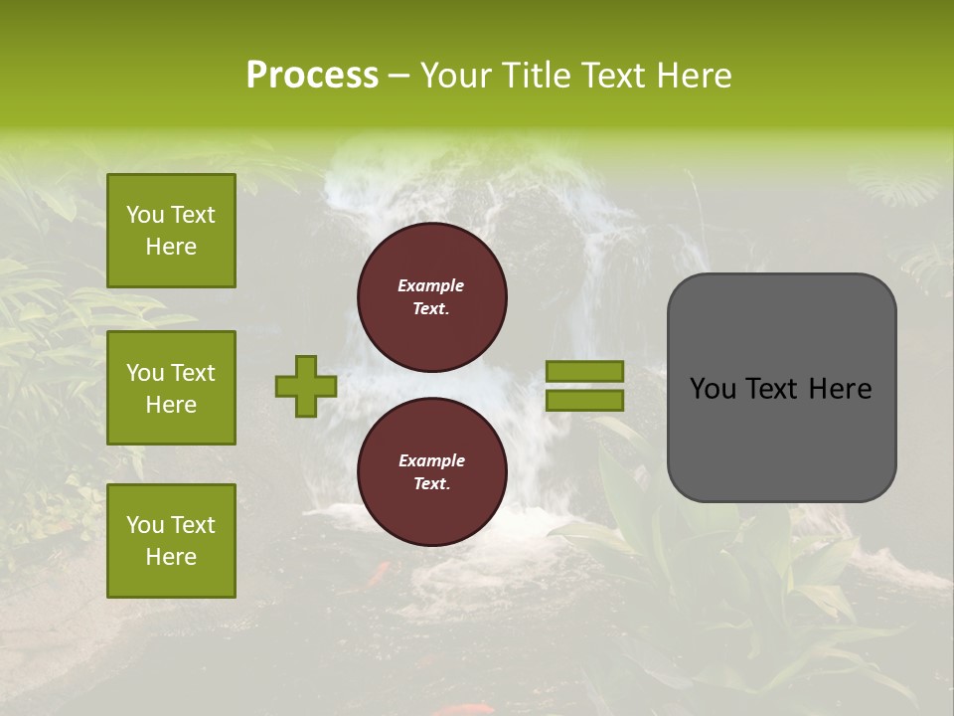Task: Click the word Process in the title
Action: click(x=312, y=76)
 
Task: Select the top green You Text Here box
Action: click(x=171, y=231)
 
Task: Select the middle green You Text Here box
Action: click(x=171, y=388)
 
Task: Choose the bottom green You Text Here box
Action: click(x=171, y=540)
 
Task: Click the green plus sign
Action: click(x=306, y=386)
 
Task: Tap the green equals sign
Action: click(x=584, y=386)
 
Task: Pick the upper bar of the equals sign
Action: click(x=584, y=372)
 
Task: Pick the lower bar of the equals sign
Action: click(x=584, y=401)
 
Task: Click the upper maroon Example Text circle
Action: click(x=431, y=296)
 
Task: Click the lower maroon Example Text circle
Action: click(x=431, y=471)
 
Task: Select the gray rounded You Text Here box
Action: click(x=781, y=388)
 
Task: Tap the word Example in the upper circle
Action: click(x=431, y=285)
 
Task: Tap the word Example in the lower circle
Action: click(x=431, y=460)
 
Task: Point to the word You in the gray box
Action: click(x=713, y=389)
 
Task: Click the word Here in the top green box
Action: click(x=171, y=247)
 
